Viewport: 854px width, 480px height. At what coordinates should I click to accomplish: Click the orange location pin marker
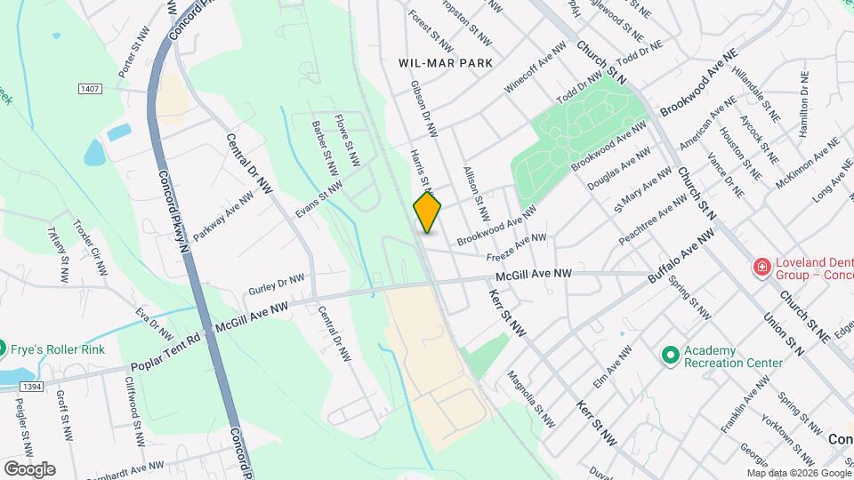(x=427, y=212)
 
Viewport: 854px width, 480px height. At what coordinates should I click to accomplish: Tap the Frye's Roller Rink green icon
(x=3, y=348)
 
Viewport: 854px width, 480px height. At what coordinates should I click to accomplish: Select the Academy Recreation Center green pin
(x=671, y=356)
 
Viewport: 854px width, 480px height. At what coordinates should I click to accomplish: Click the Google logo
(x=29, y=468)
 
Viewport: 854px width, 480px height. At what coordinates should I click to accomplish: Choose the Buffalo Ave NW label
(x=681, y=254)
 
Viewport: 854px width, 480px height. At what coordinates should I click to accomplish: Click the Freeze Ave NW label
(x=515, y=244)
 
